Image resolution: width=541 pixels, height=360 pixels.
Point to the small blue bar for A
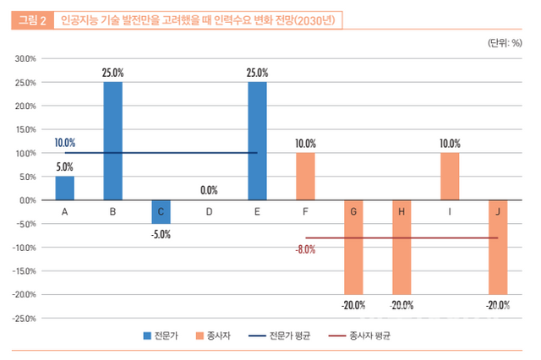click(64, 188)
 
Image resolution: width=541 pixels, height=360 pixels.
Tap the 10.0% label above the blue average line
click(64, 143)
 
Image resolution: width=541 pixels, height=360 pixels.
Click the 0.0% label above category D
click(209, 190)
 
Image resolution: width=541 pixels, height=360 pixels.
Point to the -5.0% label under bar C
click(161, 234)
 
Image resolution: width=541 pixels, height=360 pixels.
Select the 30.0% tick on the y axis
click(24, 59)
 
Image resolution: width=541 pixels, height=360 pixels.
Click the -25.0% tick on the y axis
click(23, 319)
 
